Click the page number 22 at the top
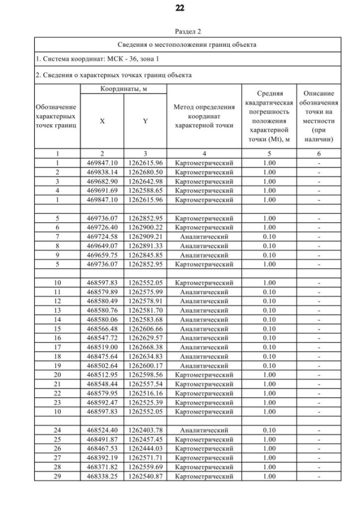[x=180, y=8]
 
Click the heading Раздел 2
[x=180, y=33]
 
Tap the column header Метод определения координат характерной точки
[x=204, y=116]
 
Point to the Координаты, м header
[x=124, y=89]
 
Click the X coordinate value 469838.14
[x=102, y=172]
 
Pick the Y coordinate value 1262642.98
[x=145, y=181]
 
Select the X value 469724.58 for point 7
[x=102, y=236]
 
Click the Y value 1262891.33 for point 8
[x=145, y=245]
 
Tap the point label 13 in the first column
[x=57, y=309]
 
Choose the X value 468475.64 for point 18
[x=102, y=355]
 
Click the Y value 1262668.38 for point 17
[x=145, y=346]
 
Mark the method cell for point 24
[x=204, y=431]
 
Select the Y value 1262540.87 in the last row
[x=145, y=476]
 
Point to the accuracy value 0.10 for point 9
[x=269, y=254]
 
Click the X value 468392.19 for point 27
[x=102, y=458]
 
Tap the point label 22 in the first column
[x=57, y=393]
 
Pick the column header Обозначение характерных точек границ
[x=57, y=116]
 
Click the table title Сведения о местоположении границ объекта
[x=187, y=44]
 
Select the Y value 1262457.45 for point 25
[x=145, y=440]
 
